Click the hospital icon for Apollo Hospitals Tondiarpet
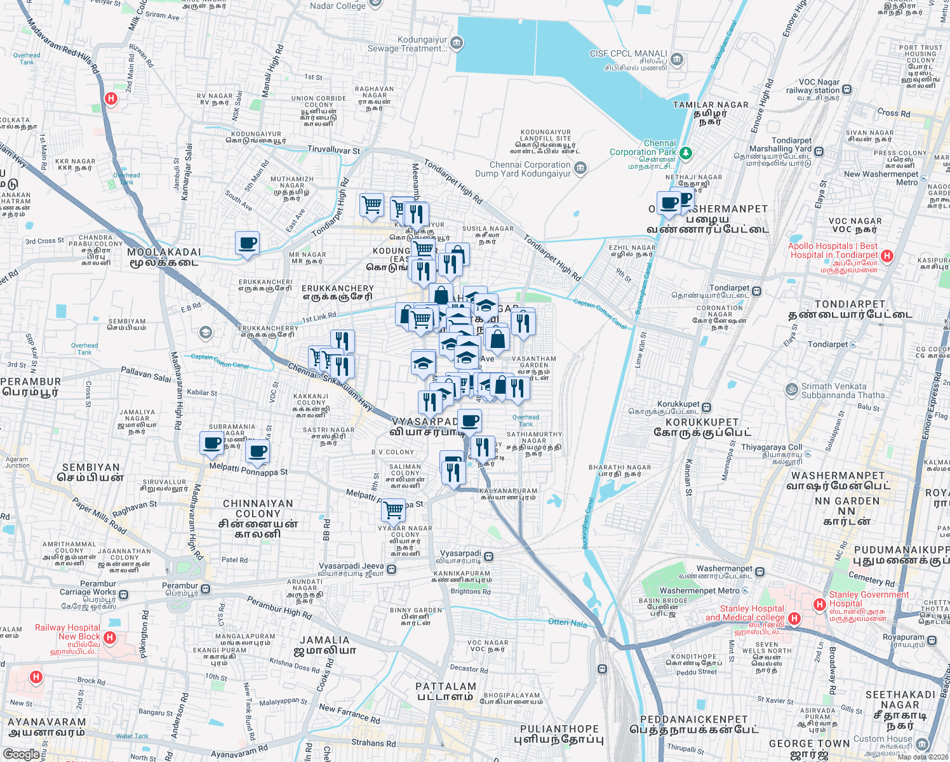(x=887, y=256)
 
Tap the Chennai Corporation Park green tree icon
(x=685, y=153)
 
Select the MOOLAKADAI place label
(x=164, y=252)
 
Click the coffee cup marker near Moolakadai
(x=247, y=243)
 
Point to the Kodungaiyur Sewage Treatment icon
(x=456, y=43)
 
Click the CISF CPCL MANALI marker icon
(x=676, y=60)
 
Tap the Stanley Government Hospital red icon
(x=820, y=603)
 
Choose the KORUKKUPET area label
(x=702, y=422)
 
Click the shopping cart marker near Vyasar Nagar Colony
(x=394, y=509)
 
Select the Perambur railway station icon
(x=205, y=589)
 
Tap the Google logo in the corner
(x=21, y=754)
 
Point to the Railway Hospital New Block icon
(x=109, y=637)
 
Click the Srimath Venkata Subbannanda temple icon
(x=791, y=389)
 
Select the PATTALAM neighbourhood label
(x=446, y=686)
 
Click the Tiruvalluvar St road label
(x=333, y=150)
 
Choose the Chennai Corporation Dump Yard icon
(x=580, y=168)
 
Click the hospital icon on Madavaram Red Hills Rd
(x=111, y=98)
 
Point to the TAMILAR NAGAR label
(x=711, y=105)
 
